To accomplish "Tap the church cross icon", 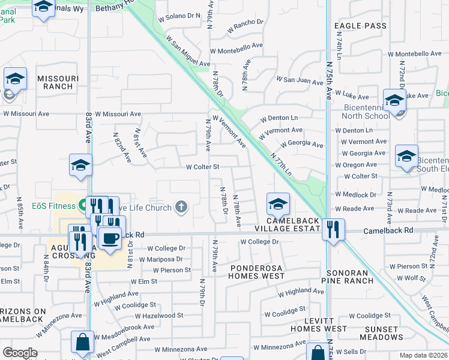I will pyautogui.click(x=181, y=208).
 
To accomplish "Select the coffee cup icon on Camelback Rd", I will pyautogui.click(x=109, y=239).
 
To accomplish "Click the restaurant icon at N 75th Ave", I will pyautogui.click(x=331, y=229).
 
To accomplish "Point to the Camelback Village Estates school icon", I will pyautogui.click(x=278, y=204).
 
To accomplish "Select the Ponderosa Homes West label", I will pyautogui.click(x=256, y=271).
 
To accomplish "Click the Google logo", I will pyautogui.click(x=20, y=352).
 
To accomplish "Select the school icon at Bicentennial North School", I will pyautogui.click(x=394, y=100).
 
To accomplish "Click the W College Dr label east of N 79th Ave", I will pyautogui.click(x=260, y=242).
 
